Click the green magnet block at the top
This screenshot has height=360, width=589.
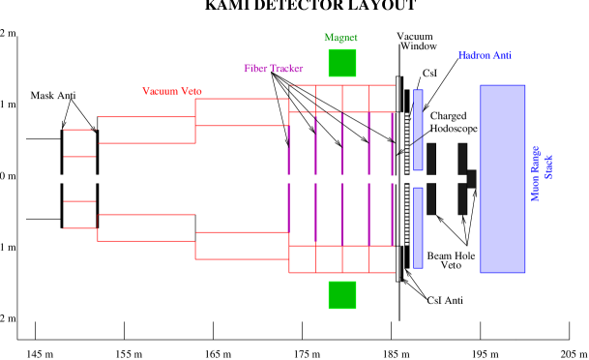[341, 63]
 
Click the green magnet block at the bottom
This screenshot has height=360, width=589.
[341, 295]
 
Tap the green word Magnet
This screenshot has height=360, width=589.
[340, 38]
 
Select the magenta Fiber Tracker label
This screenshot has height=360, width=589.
[273, 69]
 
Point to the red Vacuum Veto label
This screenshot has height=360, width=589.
[171, 91]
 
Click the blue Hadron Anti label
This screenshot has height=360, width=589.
[485, 56]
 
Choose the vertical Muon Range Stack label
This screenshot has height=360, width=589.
[543, 173]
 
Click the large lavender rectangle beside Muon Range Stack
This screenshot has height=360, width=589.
[502, 179]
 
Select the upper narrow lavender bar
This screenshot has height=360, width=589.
[418, 130]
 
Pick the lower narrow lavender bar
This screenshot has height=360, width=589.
[418, 227]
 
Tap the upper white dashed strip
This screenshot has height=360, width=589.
[407, 143]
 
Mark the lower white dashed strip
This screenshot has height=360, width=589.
[407, 215]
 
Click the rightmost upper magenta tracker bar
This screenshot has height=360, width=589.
[392, 143]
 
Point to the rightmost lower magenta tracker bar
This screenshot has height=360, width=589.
[392, 215]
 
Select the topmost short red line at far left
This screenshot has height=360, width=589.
[79, 130]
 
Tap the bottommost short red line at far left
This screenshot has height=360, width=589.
[79, 228]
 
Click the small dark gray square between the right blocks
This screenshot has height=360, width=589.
[471, 179]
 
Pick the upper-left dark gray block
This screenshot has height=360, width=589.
[431, 159]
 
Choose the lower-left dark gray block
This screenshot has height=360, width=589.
[431, 198]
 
